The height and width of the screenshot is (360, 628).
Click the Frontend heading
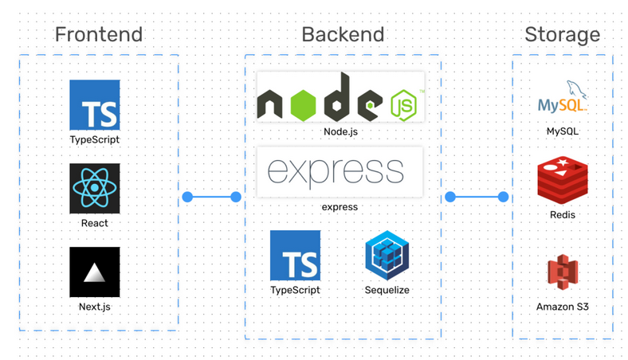[x=98, y=34]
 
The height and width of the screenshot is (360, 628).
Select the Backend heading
[x=343, y=34]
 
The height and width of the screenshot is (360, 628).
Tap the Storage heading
[x=562, y=34]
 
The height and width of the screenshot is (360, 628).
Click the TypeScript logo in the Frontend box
[x=94, y=104]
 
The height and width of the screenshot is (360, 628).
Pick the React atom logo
[x=94, y=189]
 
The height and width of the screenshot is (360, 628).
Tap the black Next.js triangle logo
[x=94, y=272]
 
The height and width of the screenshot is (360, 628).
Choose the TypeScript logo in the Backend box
[x=295, y=256]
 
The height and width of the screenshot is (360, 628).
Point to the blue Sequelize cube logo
[x=387, y=256]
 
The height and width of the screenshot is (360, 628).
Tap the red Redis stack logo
[x=562, y=181]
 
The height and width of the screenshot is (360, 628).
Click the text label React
[x=94, y=223]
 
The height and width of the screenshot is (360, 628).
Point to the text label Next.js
[x=94, y=306]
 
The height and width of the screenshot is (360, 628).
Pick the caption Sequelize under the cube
[x=387, y=290]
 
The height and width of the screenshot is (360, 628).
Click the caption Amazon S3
[x=562, y=307]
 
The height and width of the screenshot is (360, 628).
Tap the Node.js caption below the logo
[x=340, y=131]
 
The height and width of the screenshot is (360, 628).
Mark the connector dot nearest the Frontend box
[x=187, y=197]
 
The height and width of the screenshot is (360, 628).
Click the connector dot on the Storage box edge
[x=504, y=197]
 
